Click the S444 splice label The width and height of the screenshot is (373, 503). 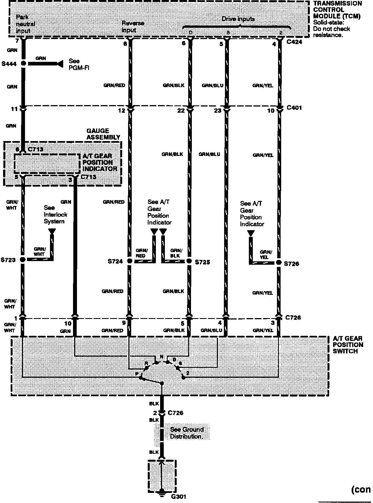click(9, 64)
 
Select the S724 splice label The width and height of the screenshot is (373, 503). click(115, 261)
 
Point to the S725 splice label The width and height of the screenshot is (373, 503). click(203, 262)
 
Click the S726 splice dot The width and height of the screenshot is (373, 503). click(279, 262)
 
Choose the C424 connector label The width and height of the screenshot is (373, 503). click(294, 42)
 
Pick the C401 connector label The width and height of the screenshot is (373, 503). click(294, 108)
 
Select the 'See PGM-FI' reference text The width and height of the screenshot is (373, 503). click(79, 64)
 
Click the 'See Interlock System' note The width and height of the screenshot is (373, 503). click(55, 214)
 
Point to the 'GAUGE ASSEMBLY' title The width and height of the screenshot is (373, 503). click(103, 134)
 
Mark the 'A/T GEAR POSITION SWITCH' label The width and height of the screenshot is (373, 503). click(348, 345)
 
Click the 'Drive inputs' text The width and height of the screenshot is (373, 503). click(238, 19)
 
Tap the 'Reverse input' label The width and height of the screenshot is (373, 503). click(133, 27)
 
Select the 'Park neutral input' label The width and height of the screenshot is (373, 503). click(25, 24)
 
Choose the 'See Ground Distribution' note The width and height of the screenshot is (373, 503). click(186, 433)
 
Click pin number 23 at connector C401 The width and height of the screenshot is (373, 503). click(218, 111)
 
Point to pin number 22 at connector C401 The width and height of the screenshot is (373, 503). click(181, 111)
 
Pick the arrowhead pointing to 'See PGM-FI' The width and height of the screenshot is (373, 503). click(60, 64)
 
